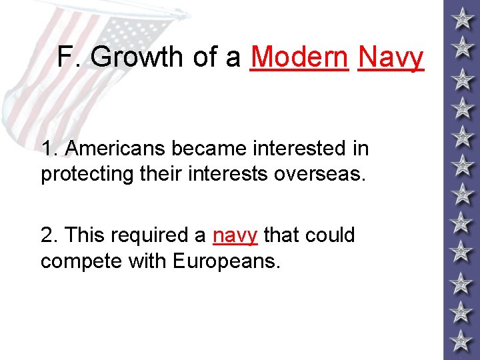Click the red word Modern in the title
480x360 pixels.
tap(299, 57)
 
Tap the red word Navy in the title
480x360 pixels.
tap(391, 58)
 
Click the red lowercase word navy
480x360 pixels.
tap(235, 235)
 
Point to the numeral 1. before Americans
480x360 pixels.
tap(49, 148)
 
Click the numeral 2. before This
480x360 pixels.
tap(49, 235)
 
